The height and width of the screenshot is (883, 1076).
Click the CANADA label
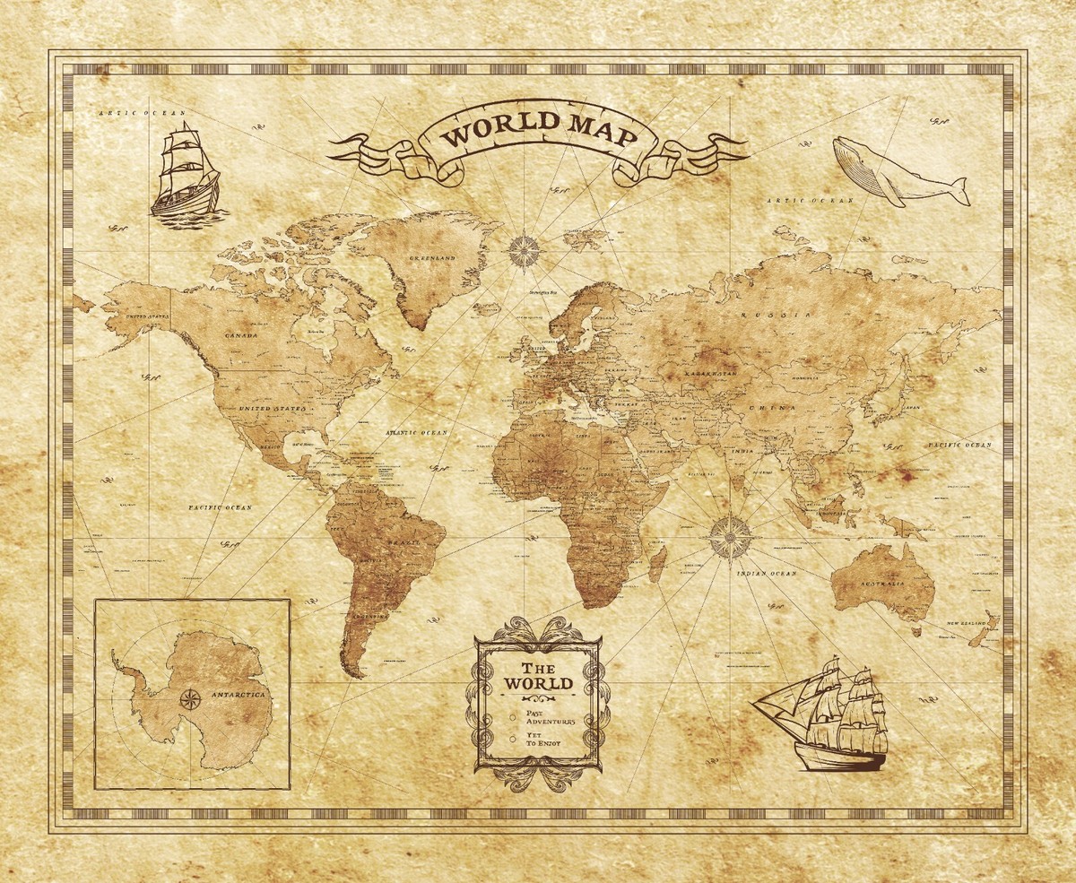240,335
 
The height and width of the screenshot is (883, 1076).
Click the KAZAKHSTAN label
710,372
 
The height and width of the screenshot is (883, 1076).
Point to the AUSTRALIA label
881,582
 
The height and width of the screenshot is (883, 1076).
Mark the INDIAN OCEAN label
767,573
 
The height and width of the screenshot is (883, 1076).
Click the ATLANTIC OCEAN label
416,433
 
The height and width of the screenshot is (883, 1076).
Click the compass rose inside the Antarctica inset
190,698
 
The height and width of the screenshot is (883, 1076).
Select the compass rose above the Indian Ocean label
731,536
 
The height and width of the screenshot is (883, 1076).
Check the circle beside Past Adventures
512,717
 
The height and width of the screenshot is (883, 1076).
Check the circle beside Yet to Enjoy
512,740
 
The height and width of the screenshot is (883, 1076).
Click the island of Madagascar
656,565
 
